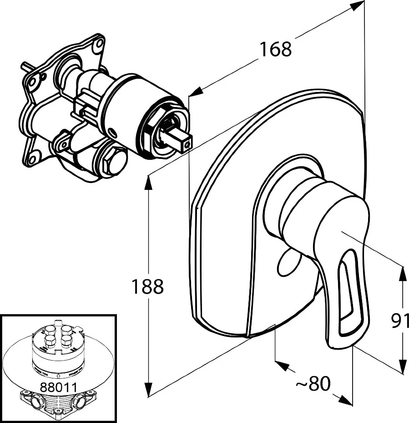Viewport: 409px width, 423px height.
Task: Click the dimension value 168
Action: tap(275, 49)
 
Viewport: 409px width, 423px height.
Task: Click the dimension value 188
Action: tap(147, 287)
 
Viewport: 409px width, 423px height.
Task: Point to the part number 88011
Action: tap(58, 387)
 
